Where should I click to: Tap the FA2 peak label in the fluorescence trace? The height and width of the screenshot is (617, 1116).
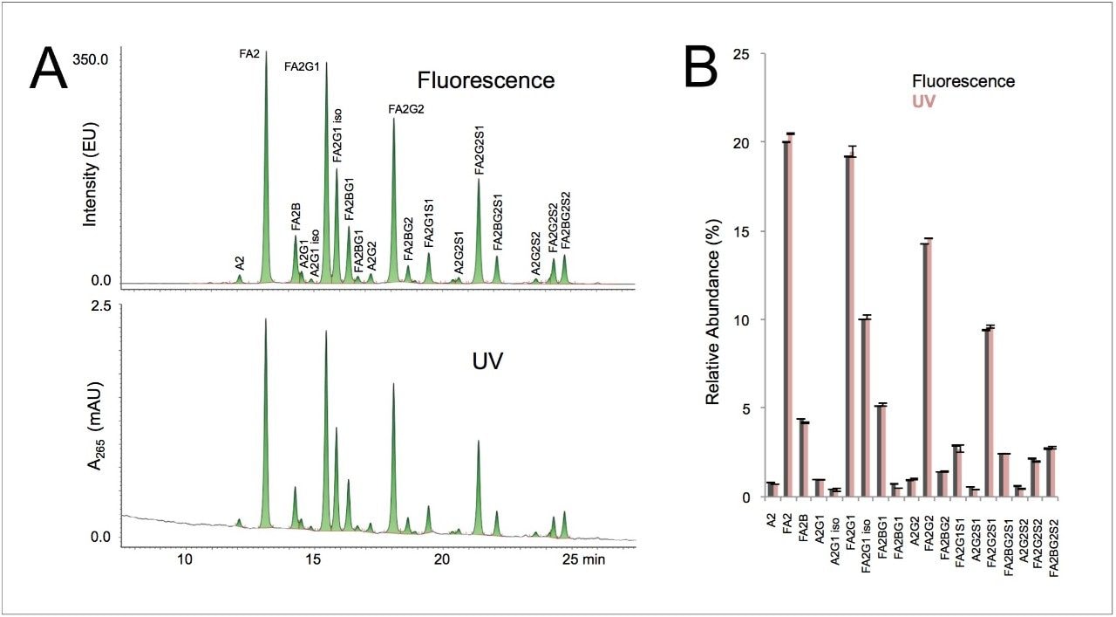click(x=249, y=54)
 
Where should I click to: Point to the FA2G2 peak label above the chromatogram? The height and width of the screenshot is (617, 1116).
click(x=406, y=109)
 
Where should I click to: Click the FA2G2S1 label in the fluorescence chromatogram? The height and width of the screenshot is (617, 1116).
click(x=480, y=149)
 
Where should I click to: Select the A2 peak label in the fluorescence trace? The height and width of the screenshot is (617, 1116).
click(x=240, y=261)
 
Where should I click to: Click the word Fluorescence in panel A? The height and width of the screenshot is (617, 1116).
click(x=486, y=80)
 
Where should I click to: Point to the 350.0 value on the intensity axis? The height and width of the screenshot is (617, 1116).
click(x=91, y=60)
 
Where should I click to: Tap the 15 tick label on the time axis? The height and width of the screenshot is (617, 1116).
click(x=313, y=559)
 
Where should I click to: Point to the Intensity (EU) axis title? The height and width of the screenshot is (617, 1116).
click(x=90, y=169)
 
